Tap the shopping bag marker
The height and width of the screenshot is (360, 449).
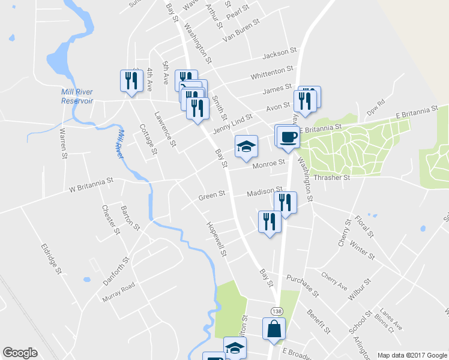274,329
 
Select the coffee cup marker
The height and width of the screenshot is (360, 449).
288,137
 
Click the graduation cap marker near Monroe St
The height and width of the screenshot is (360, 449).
246,147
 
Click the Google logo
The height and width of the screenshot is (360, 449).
20,353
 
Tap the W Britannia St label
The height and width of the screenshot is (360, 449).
91,184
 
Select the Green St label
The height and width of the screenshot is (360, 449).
211,194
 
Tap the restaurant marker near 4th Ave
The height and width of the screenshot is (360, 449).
130,81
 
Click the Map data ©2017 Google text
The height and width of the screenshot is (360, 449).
412,355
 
